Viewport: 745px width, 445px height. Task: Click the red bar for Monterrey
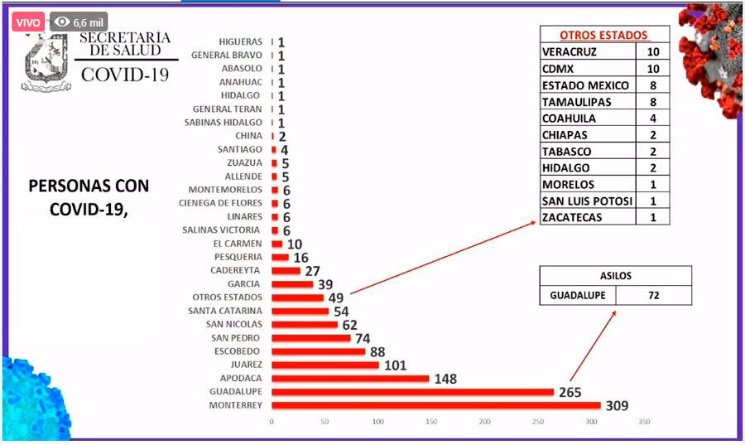[435, 405]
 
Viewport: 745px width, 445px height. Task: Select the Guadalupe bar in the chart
[412, 392]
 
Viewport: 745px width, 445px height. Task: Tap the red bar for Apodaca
[350, 379]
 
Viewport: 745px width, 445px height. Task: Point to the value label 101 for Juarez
[396, 365]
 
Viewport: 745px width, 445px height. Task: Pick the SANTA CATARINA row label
[225, 311]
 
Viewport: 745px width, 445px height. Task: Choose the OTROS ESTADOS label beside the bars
[228, 297]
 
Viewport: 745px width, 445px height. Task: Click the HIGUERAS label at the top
[241, 41]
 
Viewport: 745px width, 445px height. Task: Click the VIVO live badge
[28, 22]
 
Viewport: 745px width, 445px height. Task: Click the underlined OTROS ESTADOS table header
[603, 36]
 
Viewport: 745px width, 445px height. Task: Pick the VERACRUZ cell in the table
[572, 52]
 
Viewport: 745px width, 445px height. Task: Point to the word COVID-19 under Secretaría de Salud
[126, 75]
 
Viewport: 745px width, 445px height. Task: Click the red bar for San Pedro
[311, 338]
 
